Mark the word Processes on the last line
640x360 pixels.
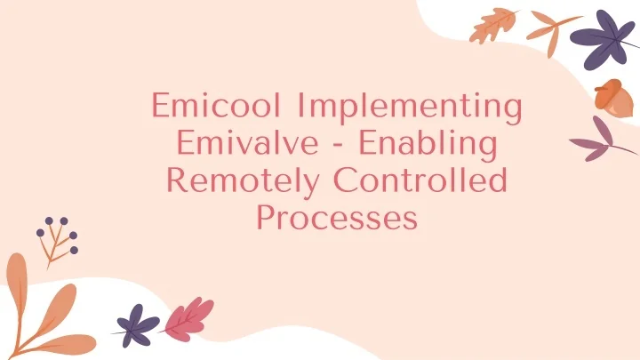coord(337,218)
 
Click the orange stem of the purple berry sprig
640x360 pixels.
coord(55,249)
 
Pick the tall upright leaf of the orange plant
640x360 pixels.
coord(16,284)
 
